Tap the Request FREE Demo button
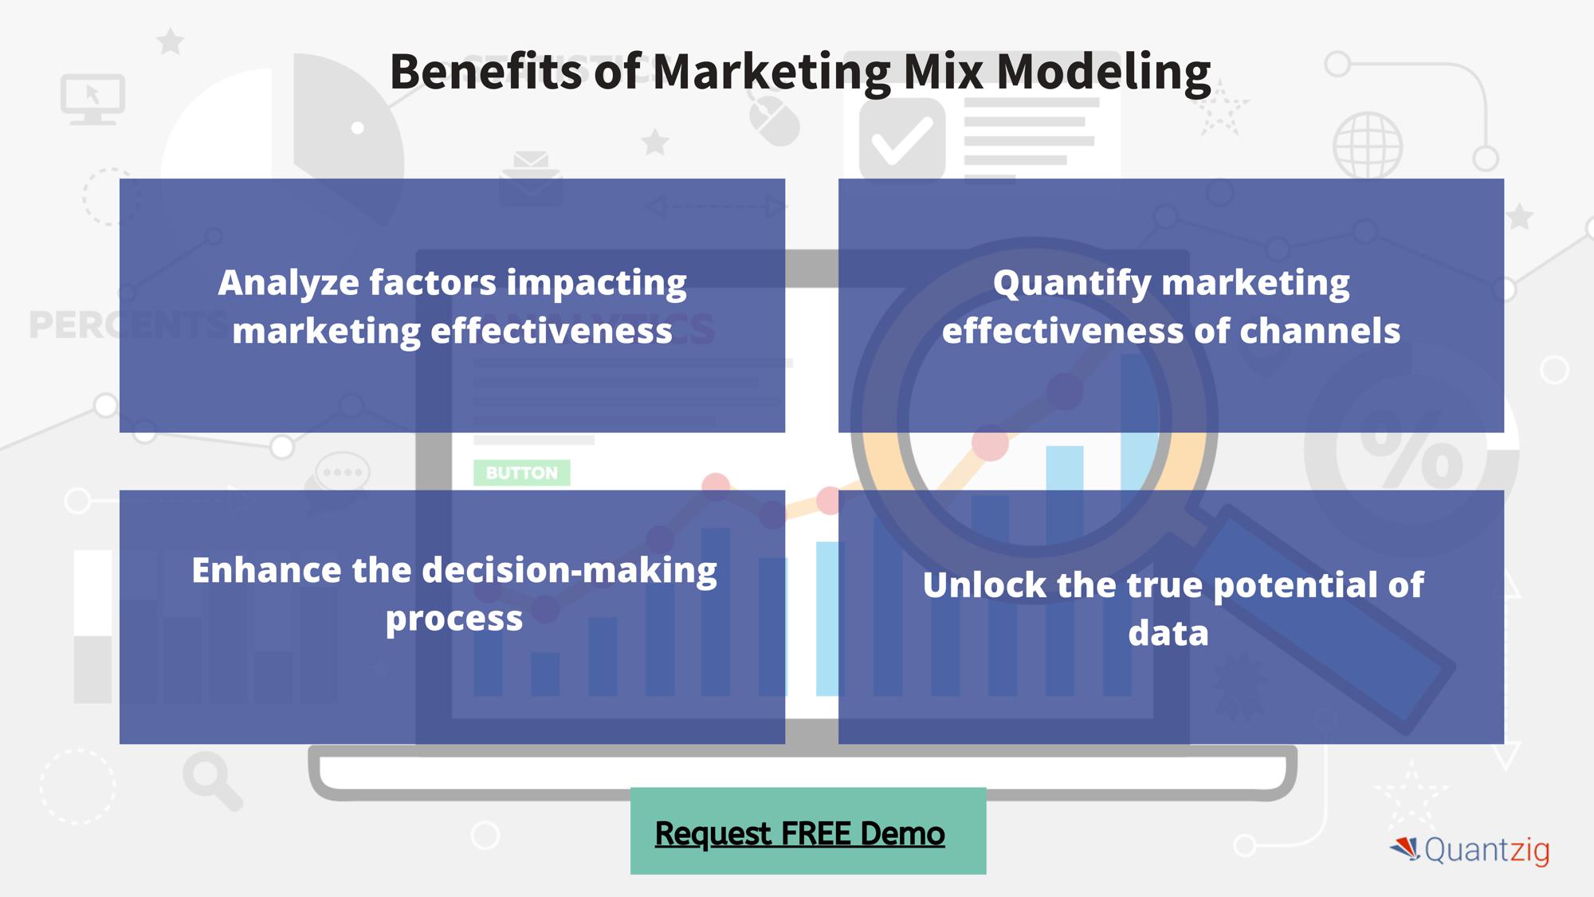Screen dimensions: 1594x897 tap(808, 831)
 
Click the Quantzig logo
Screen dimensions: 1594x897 tap(1470, 850)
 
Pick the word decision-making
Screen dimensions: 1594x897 tap(569, 572)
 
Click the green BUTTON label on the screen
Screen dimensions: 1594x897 tap(522, 473)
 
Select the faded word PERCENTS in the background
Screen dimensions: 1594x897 tap(128, 325)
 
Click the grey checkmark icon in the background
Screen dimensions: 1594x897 tap(902, 140)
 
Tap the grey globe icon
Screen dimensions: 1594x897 tap(1368, 145)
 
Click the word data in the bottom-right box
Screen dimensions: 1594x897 tap(1168, 633)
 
